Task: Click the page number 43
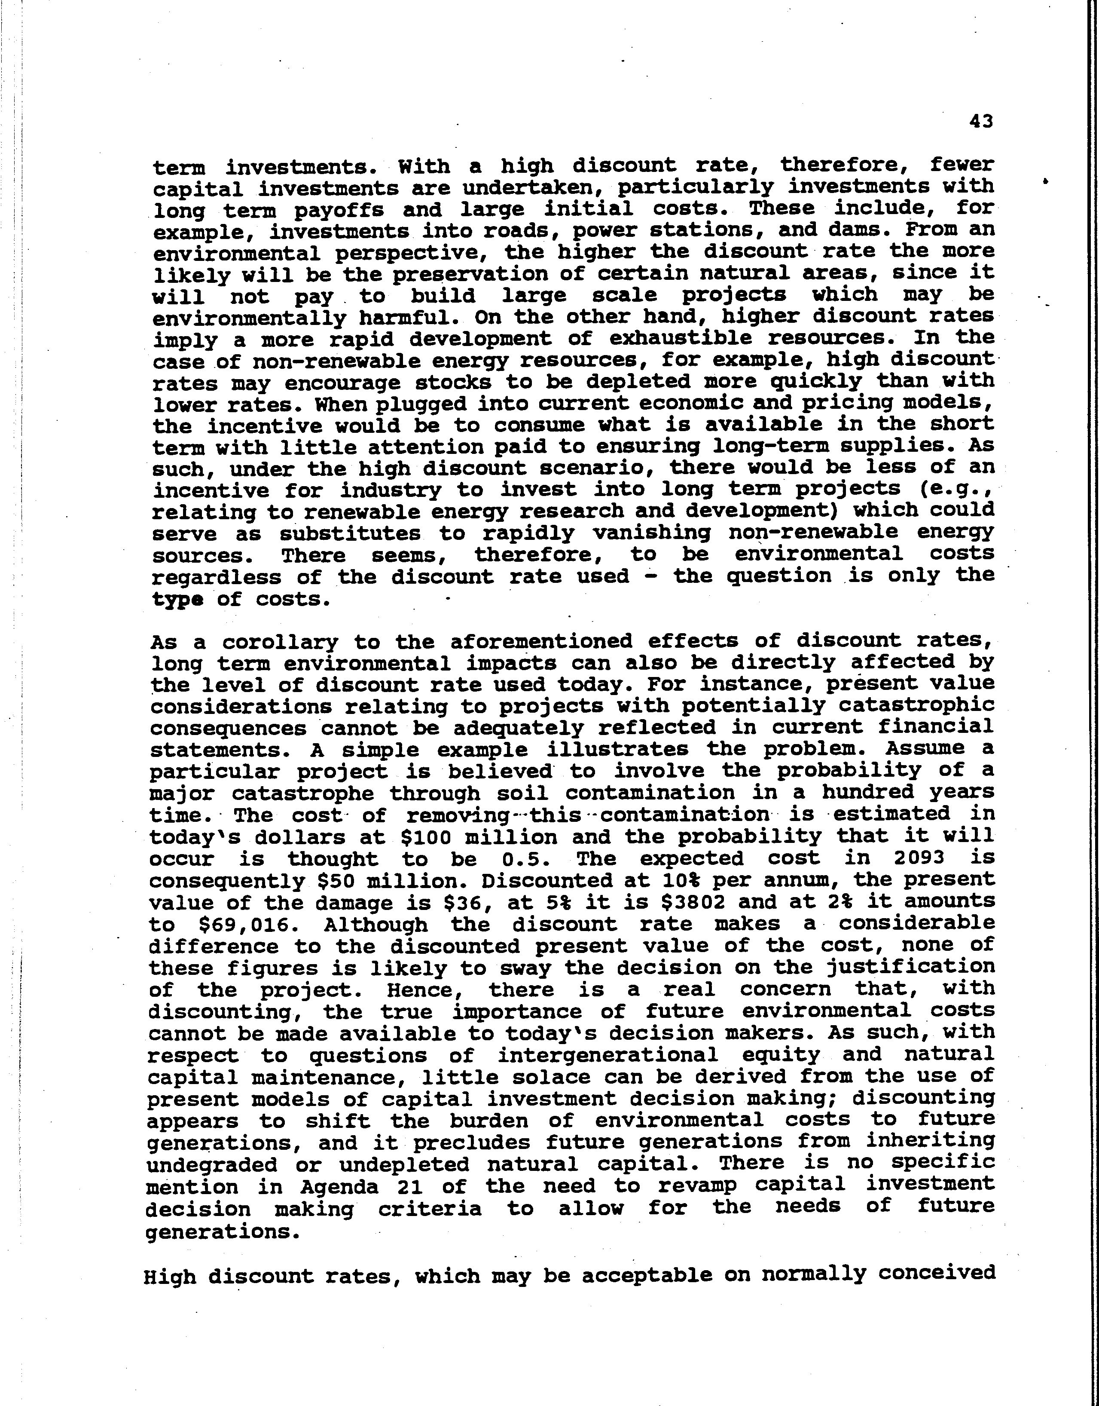pos(980,121)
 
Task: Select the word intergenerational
pos(608,1055)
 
